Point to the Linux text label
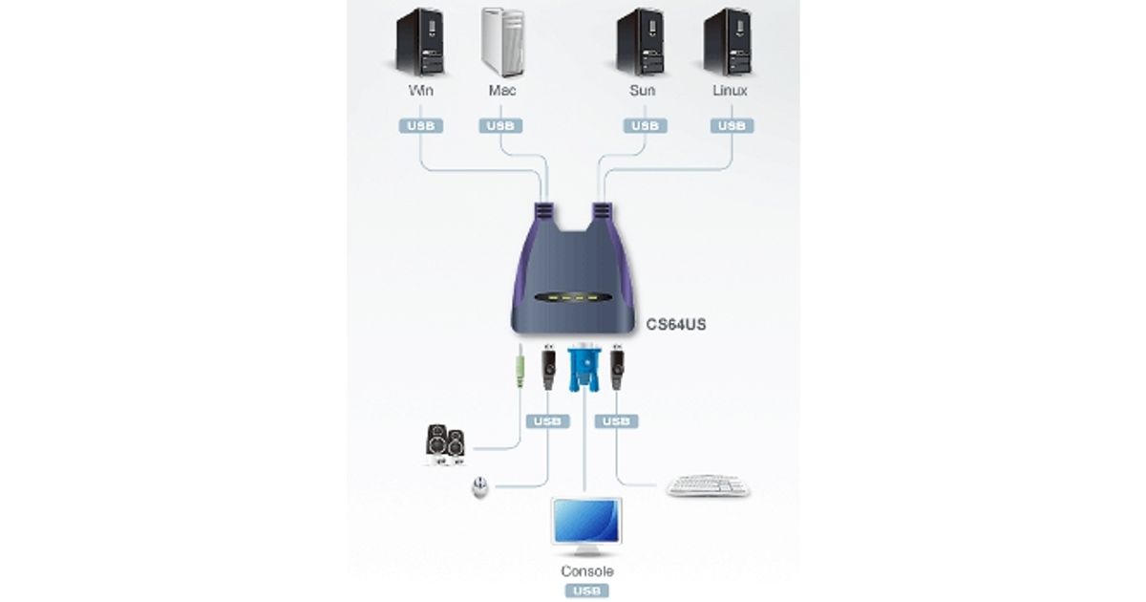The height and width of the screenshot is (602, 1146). pos(730,91)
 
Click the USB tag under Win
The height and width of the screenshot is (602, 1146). pos(420,125)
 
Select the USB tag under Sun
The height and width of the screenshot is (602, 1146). pos(644,125)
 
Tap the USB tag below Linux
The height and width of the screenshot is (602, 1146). pos(732,125)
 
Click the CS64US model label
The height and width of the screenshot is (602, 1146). pos(676,325)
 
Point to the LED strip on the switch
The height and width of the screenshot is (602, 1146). pos(571,298)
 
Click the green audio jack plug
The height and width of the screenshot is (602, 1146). pos(520,367)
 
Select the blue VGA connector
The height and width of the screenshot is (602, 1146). pos(582,369)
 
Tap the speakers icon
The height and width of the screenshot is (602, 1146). pos(445,444)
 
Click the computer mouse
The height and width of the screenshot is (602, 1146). pos(478,489)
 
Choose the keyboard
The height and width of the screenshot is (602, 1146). pos(708,486)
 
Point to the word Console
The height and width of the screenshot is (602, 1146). pos(586,571)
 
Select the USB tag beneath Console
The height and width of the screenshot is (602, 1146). pos(586,591)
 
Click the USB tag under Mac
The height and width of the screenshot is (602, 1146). pos(500,125)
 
